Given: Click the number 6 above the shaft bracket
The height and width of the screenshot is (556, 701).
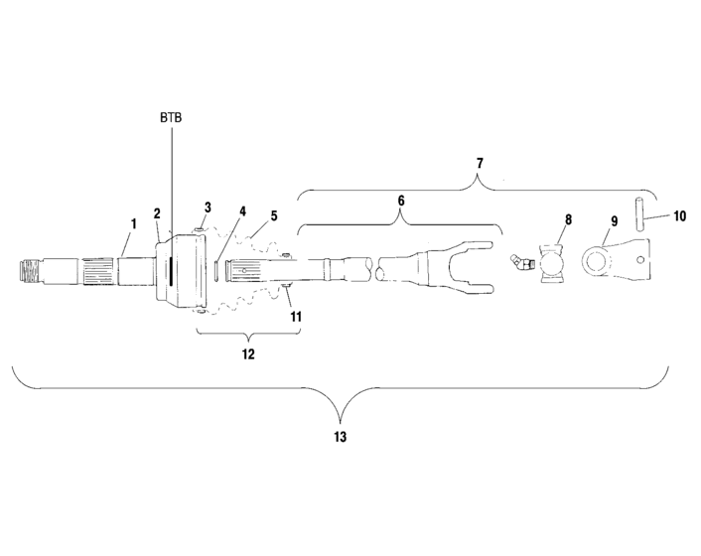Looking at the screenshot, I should (402, 201).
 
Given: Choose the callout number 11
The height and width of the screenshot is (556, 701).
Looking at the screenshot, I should (295, 316).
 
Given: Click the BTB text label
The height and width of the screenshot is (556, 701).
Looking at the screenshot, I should (171, 117).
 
